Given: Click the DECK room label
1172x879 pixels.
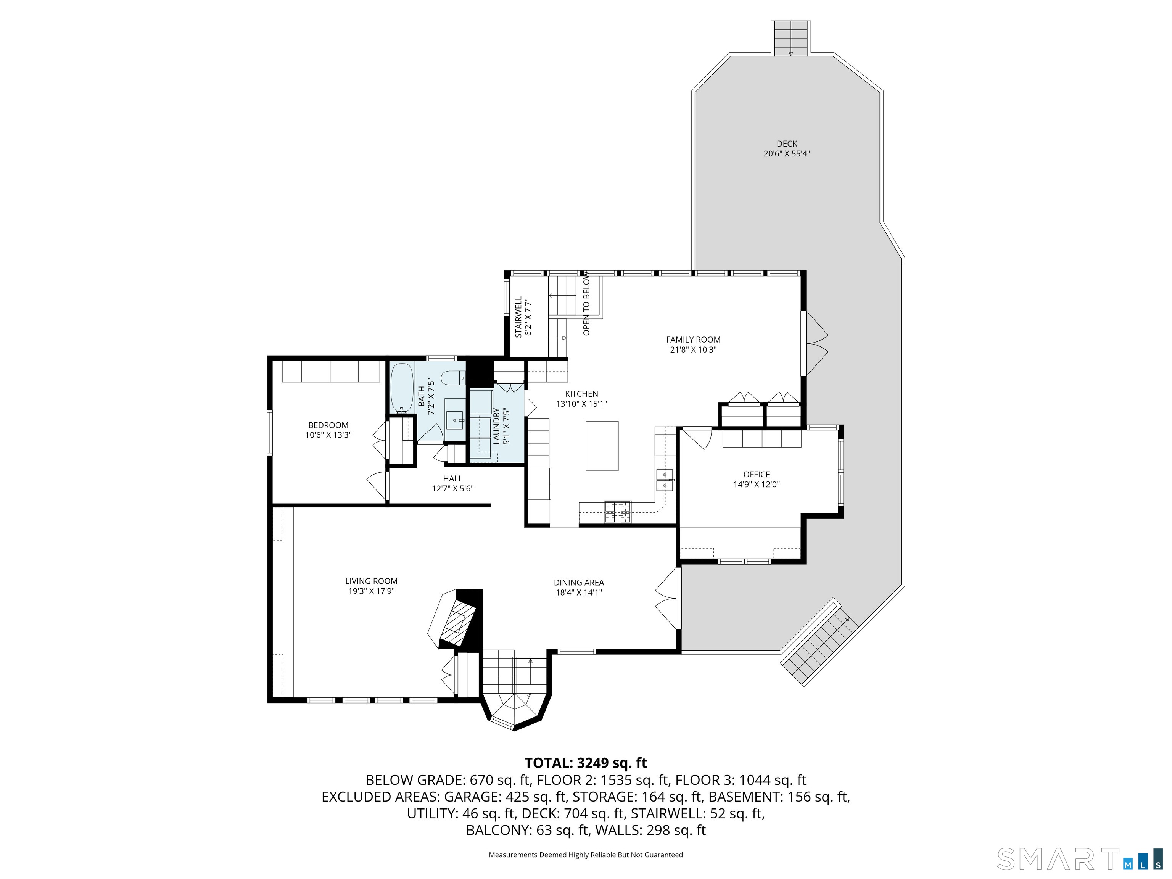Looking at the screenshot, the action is (787, 143).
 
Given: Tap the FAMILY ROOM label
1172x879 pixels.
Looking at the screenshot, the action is (693, 340).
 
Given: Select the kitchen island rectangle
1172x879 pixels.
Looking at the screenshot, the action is (602, 446).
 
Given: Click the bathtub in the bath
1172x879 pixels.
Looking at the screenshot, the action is (402, 387).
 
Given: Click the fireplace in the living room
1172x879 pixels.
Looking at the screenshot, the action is (456, 618).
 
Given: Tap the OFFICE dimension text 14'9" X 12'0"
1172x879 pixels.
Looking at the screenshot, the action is (756, 484).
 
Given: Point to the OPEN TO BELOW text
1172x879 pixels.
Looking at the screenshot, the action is (586, 304).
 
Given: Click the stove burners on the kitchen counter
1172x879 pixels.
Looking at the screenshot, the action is (618, 512).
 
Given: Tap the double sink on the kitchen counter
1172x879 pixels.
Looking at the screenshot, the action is (665, 480).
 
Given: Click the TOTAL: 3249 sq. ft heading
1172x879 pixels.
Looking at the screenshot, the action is (586, 763).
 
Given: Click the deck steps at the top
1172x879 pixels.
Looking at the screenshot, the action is (790, 38).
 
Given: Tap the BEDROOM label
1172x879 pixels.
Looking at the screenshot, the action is (328, 425).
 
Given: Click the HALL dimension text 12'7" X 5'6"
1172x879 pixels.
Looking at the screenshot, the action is (452, 488).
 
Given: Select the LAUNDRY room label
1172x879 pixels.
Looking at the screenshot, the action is (496, 426).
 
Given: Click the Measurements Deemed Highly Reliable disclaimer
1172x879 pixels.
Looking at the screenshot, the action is (586, 855).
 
